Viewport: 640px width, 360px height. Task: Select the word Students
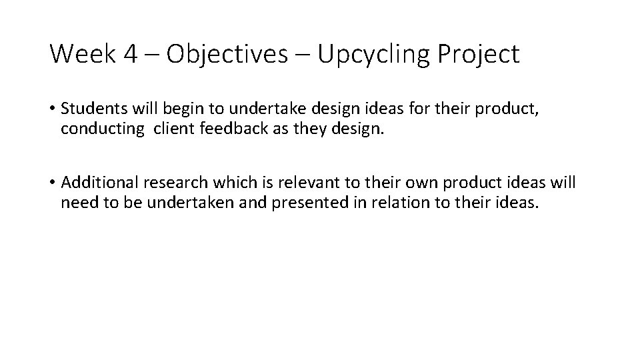coord(90,109)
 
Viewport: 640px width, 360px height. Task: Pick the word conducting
coord(101,129)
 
